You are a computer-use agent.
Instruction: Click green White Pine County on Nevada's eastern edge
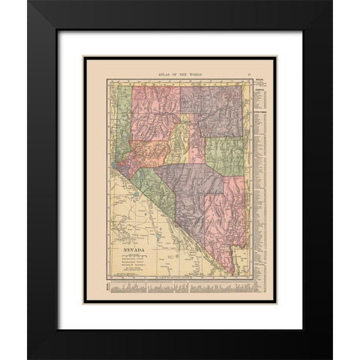pyautogui.click(x=226, y=154)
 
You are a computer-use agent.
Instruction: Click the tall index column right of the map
pyautogui.click(x=259, y=180)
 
